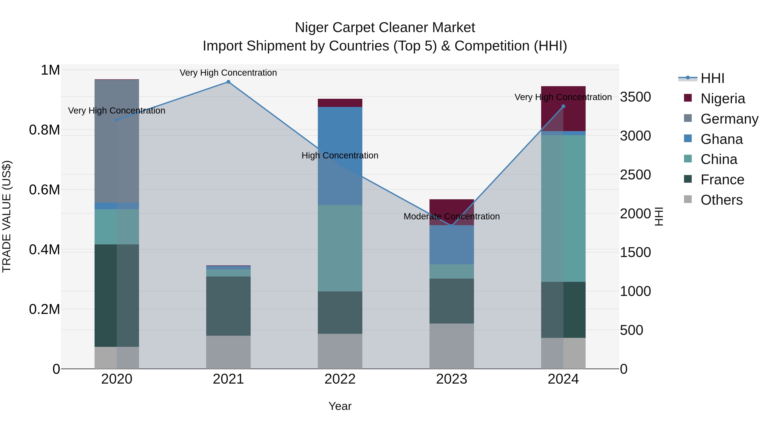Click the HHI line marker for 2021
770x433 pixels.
228,82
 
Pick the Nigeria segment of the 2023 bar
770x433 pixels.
452,212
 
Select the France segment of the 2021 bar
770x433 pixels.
228,306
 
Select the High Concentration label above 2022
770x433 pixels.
340,155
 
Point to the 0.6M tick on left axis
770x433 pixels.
44,190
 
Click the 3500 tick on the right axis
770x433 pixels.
635,97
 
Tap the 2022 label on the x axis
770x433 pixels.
340,379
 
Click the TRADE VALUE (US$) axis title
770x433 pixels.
7,216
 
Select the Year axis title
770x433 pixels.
340,406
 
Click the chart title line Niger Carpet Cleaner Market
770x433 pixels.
385,28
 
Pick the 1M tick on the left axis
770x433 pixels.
50,70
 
